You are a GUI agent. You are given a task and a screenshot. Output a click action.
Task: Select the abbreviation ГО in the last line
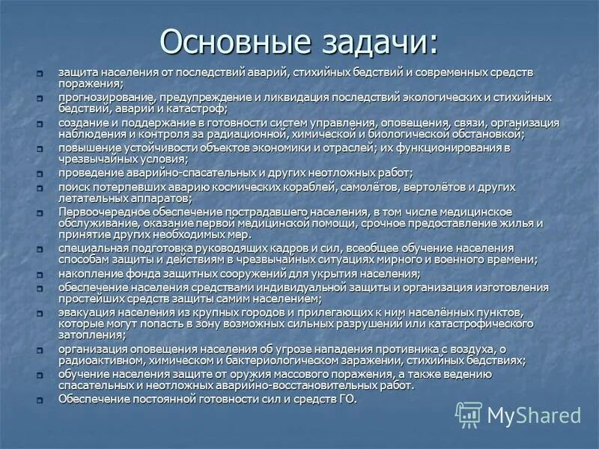tap(347, 400)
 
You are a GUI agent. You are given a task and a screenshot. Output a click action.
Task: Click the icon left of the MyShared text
tap(469, 415)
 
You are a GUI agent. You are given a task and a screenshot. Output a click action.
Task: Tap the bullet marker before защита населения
tap(42, 73)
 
